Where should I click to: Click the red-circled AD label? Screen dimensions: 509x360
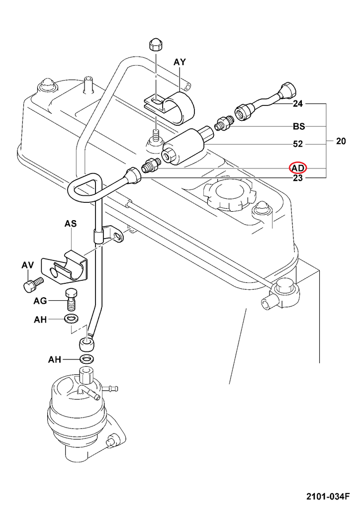pos(298,168)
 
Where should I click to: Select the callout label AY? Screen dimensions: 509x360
pos(180,62)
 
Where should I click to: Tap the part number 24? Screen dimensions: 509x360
pos(298,104)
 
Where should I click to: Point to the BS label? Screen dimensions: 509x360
pos(298,127)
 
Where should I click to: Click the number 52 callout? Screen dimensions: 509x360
pos(298,144)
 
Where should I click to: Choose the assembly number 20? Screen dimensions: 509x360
pos(341,141)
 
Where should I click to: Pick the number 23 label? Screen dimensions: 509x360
pos(298,178)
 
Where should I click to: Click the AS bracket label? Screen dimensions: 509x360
pos(71,224)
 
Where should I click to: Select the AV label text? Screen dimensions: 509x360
pos(27,266)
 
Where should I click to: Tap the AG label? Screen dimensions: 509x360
pos(40,301)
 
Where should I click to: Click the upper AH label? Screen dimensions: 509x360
pos(40,320)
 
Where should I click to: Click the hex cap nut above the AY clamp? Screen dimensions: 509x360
pos(154,45)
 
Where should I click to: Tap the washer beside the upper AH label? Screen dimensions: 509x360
pos(72,318)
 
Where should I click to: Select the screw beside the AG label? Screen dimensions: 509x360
pos(72,298)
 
